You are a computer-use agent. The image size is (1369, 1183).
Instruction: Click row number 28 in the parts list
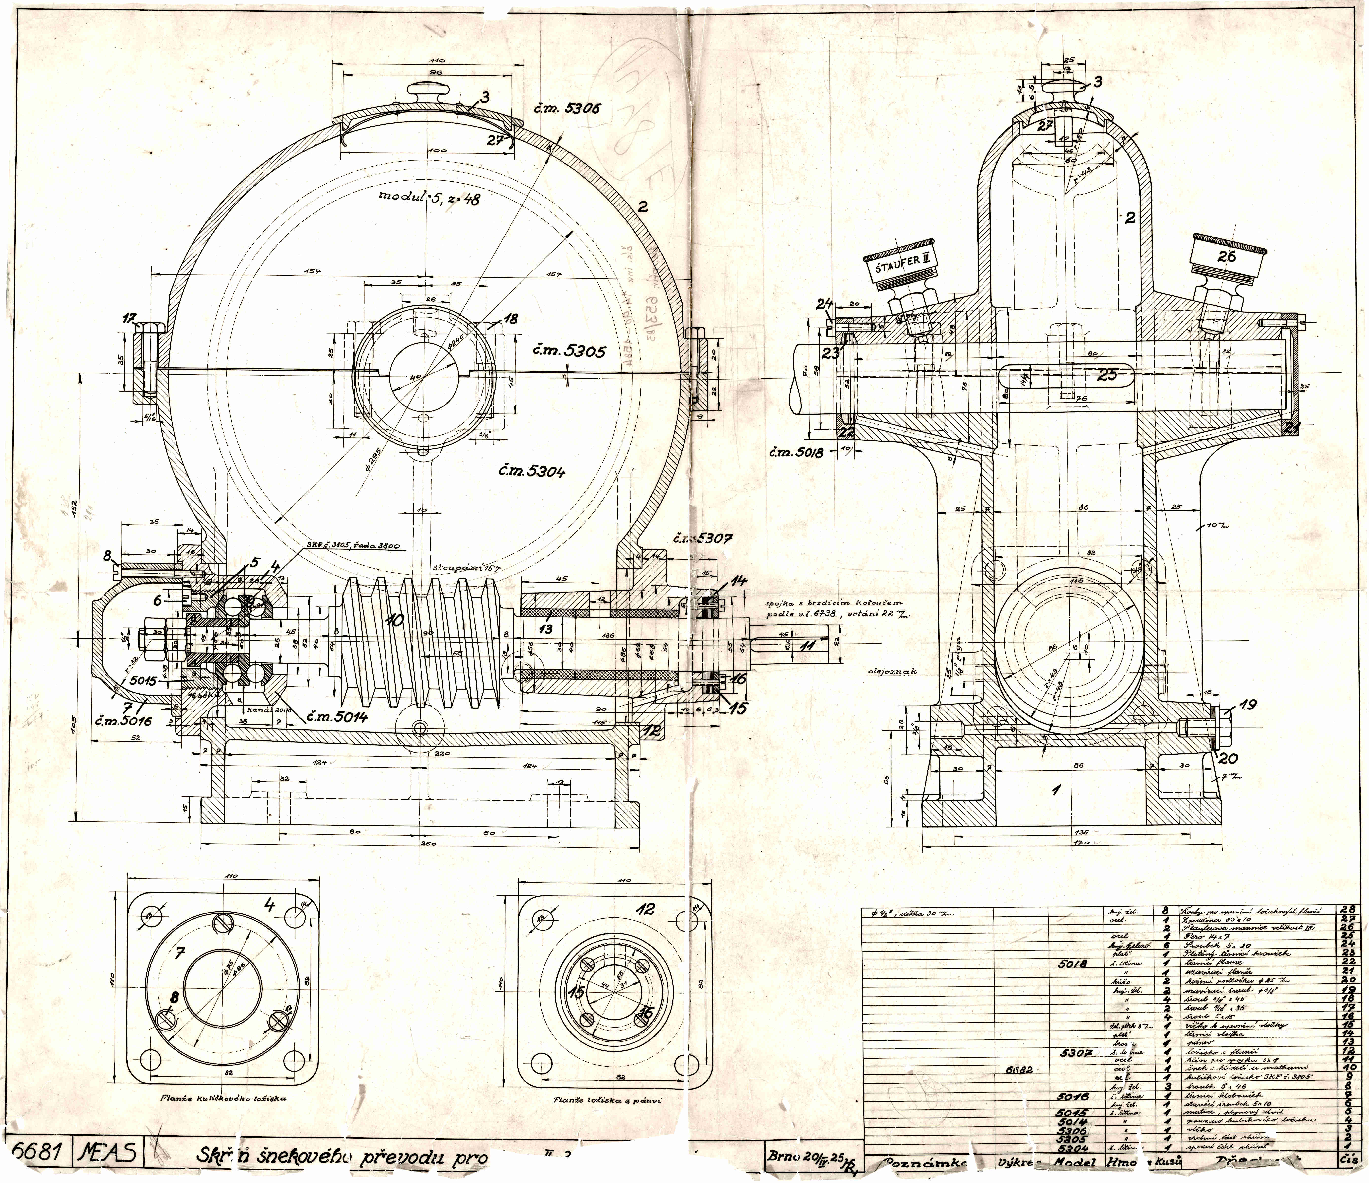[1347, 910]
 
